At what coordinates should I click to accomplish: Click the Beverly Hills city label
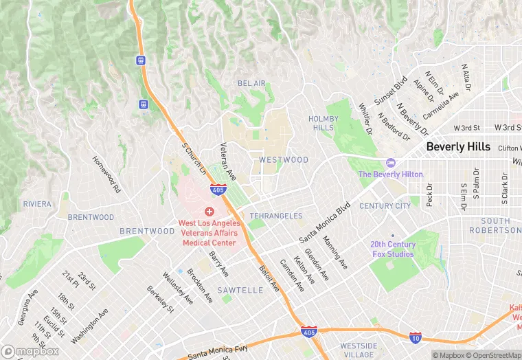[x=458, y=147]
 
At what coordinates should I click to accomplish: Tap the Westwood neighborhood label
[x=284, y=160]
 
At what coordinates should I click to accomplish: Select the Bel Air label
[x=251, y=83]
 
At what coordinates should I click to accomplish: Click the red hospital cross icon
[x=209, y=212]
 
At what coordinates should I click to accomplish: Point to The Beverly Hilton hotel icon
[x=391, y=163]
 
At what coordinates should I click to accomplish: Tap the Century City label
[x=385, y=205]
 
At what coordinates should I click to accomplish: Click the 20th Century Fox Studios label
[x=393, y=249]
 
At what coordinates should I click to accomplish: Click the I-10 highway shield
[x=415, y=337]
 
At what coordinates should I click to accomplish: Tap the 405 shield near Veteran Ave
[x=218, y=190]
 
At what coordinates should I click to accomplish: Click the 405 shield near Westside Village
[x=309, y=333]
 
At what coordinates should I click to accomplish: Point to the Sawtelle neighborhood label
[x=240, y=291]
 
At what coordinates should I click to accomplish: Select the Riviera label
[x=37, y=204]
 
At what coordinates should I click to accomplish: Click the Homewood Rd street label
[x=107, y=175]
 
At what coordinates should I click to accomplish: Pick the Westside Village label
[x=358, y=350]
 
